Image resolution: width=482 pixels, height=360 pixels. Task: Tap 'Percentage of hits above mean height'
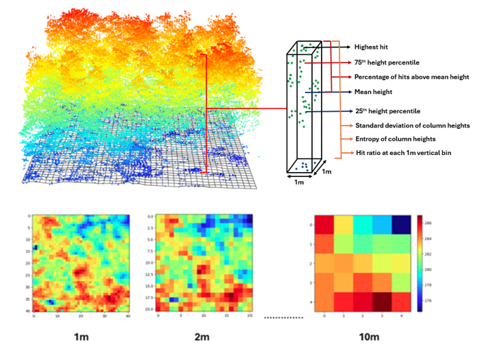point(411,77)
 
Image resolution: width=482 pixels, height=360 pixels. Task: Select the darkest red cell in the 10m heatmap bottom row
point(377,300)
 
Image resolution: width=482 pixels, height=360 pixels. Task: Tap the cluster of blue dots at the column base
point(302,165)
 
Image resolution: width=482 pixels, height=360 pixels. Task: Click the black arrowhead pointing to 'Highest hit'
point(348,47)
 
